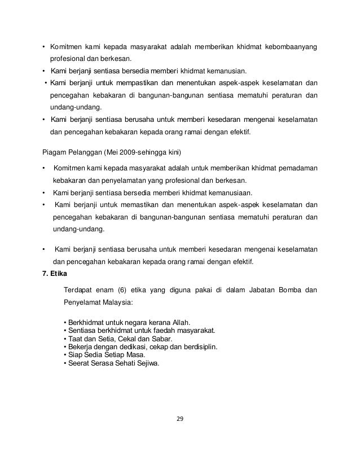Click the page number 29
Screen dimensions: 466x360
tap(179, 419)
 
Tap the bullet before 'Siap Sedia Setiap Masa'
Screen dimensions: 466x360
tap(65, 355)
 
